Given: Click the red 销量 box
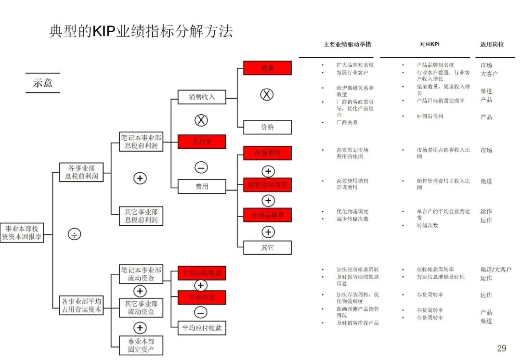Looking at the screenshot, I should click(x=267, y=68).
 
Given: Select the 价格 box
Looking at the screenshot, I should click(x=267, y=127).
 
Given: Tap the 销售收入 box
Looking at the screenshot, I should click(x=202, y=97).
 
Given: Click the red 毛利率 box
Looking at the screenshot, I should click(x=202, y=141).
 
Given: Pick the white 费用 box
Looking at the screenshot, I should click(x=202, y=186).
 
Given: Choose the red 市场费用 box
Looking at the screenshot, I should click(x=267, y=153).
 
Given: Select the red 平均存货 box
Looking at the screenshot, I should click(x=202, y=297).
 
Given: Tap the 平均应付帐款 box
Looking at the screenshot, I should click(x=202, y=328).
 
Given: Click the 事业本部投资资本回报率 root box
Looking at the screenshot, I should click(x=22, y=232).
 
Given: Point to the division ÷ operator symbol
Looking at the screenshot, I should click(x=74, y=234).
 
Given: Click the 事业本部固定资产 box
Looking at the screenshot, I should click(x=141, y=346).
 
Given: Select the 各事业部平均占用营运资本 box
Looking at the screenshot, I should click(x=82, y=306).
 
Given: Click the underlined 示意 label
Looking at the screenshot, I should click(x=42, y=83).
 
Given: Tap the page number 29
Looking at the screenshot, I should click(x=501, y=348).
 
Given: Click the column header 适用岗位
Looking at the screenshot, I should click(x=492, y=44).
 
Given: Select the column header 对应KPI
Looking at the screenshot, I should click(x=429, y=44).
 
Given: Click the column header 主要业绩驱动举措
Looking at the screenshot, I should click(x=347, y=44).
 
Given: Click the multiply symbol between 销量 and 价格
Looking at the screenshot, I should click(x=267, y=95).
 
